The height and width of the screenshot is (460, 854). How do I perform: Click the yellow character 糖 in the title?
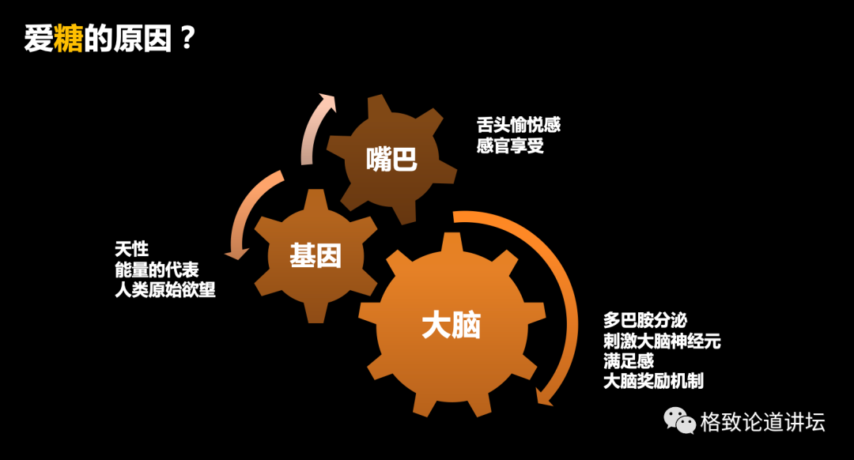coord(69,39)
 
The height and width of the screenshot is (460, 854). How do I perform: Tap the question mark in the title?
coord(187,38)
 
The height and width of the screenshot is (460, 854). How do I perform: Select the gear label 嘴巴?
coord(391,160)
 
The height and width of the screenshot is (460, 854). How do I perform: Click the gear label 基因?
coord(316,255)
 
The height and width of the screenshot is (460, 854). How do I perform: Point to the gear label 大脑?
coord(452,325)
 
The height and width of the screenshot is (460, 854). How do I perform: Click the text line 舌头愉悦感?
coord(519,125)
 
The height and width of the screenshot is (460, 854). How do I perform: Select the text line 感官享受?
coord(510,145)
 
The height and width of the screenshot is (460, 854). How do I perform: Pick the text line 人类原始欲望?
coord(165,290)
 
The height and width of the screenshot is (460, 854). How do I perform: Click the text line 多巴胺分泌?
coord(644,321)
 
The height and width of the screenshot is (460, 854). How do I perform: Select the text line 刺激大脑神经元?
coord(662,341)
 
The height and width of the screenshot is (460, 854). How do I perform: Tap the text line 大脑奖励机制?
coord(653,382)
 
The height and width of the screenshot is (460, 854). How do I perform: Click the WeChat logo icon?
coord(679,420)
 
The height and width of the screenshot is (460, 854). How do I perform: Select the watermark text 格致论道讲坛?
coord(762,422)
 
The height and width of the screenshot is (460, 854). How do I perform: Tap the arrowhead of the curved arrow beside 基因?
coord(235,254)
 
